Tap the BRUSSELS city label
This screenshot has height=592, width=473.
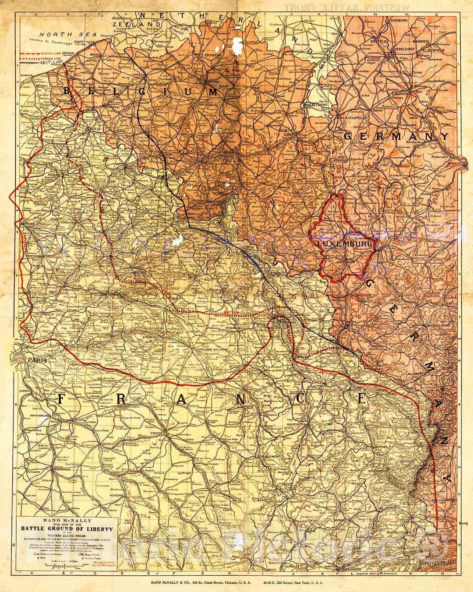point(208,105)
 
